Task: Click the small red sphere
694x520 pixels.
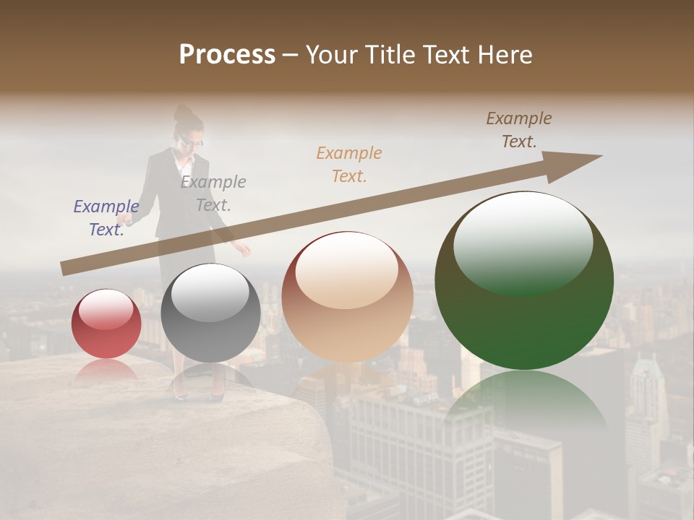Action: (106, 324)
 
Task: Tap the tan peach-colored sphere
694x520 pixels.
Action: (348, 298)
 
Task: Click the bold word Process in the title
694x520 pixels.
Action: (227, 54)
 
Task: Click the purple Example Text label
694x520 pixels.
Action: (106, 217)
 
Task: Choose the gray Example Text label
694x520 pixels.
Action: (213, 193)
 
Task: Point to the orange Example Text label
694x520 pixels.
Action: (349, 164)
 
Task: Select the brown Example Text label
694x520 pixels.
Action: (519, 129)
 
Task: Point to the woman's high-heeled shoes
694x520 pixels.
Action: (197, 394)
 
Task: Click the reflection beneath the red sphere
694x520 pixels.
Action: (106, 369)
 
